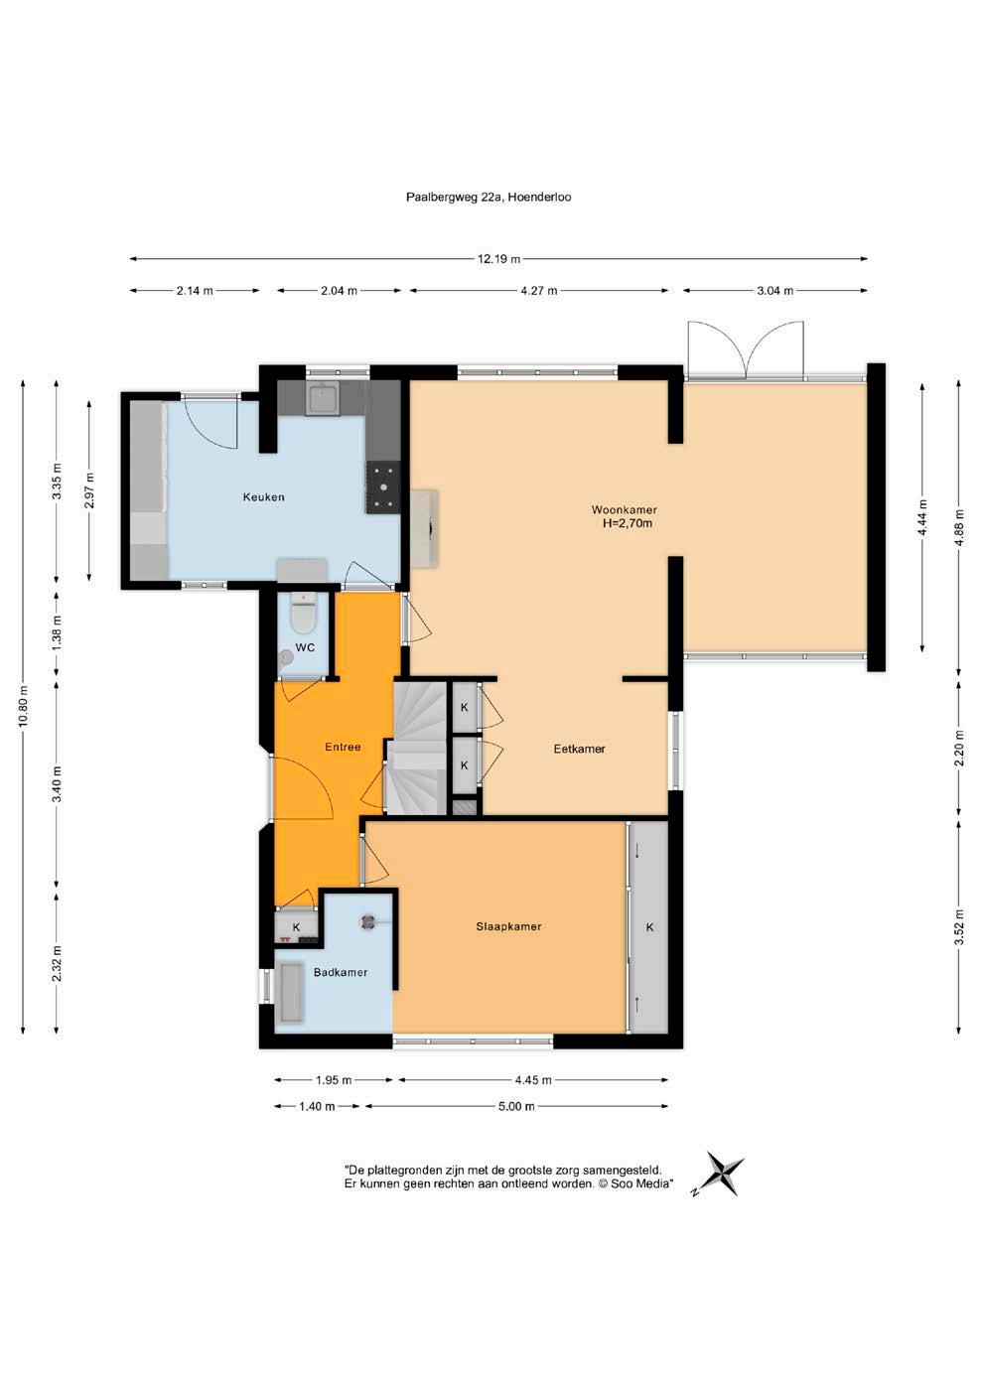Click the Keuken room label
tap(263, 497)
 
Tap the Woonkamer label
tap(625, 510)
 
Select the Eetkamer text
tap(580, 749)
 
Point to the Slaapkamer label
tap(508, 927)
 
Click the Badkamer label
tap(341, 973)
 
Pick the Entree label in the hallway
tap(343, 748)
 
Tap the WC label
tap(305, 647)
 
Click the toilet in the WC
tap(304, 613)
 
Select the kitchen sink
tap(323, 398)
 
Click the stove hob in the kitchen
tap(384, 487)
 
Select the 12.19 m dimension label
tap(498, 259)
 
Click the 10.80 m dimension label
tap(23, 707)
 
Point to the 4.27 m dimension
tap(540, 290)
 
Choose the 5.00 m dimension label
tap(517, 1107)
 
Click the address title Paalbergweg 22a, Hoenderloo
tap(489, 197)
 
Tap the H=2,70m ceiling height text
tap(628, 523)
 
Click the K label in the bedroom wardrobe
tap(649, 927)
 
